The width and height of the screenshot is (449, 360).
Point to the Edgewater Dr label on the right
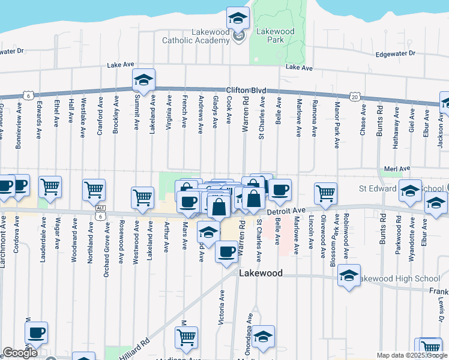[395, 54]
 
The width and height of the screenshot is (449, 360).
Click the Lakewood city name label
[261, 273]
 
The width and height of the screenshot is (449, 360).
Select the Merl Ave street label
[397, 169]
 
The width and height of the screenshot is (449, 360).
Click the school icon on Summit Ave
[143, 80]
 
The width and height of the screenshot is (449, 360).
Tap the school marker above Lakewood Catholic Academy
[238, 18]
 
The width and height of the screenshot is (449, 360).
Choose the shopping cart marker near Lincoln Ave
[325, 193]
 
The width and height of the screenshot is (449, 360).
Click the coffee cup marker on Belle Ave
[280, 191]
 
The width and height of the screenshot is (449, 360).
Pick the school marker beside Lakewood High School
[349, 275]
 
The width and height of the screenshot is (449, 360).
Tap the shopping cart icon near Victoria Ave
[187, 337]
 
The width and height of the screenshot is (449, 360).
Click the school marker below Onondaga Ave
[263, 337]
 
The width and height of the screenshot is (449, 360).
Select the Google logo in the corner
[20, 353]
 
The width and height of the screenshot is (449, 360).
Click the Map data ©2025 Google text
[412, 355]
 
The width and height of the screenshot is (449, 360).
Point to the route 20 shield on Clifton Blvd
[355, 97]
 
